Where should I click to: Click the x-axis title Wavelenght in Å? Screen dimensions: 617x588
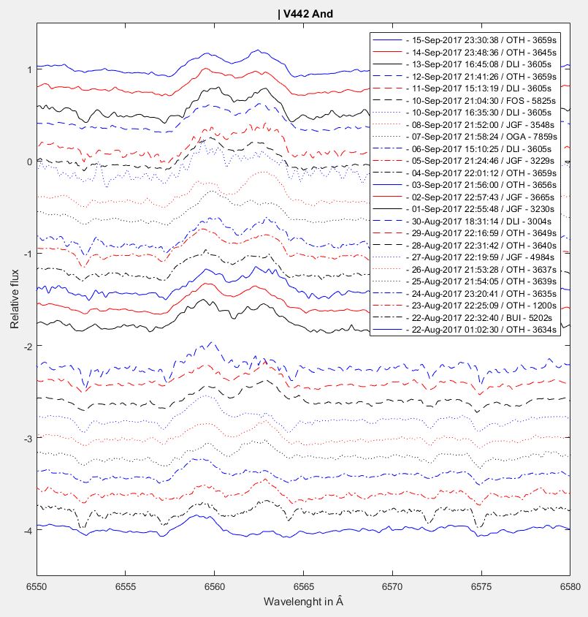[303, 601]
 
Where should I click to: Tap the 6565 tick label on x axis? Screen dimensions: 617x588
[303, 586]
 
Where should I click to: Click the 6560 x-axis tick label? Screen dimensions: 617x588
[214, 586]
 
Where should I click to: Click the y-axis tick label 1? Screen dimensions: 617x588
[27, 70]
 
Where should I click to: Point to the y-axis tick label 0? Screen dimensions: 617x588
[27, 162]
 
